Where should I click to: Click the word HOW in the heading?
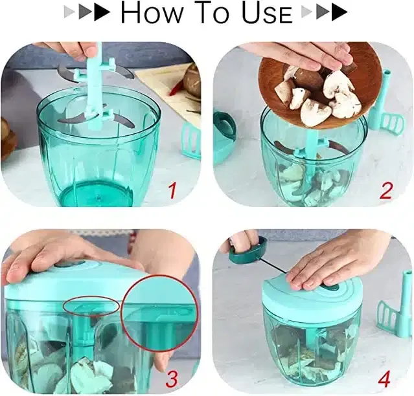pyautogui.click(x=152, y=13)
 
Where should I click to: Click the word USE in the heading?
pyautogui.click(x=267, y=13)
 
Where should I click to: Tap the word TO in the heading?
pyautogui.click(x=212, y=13)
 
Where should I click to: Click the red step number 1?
pyautogui.click(x=172, y=191)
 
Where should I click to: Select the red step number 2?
pyautogui.click(x=385, y=191)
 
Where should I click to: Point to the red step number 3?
pyautogui.click(x=172, y=379)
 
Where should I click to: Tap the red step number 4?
pyautogui.click(x=384, y=379)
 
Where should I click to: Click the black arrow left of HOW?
pyautogui.click(x=102, y=12)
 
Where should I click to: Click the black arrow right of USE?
pyautogui.click(x=339, y=12)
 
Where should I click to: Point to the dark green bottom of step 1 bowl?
pyautogui.click(x=95, y=193)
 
